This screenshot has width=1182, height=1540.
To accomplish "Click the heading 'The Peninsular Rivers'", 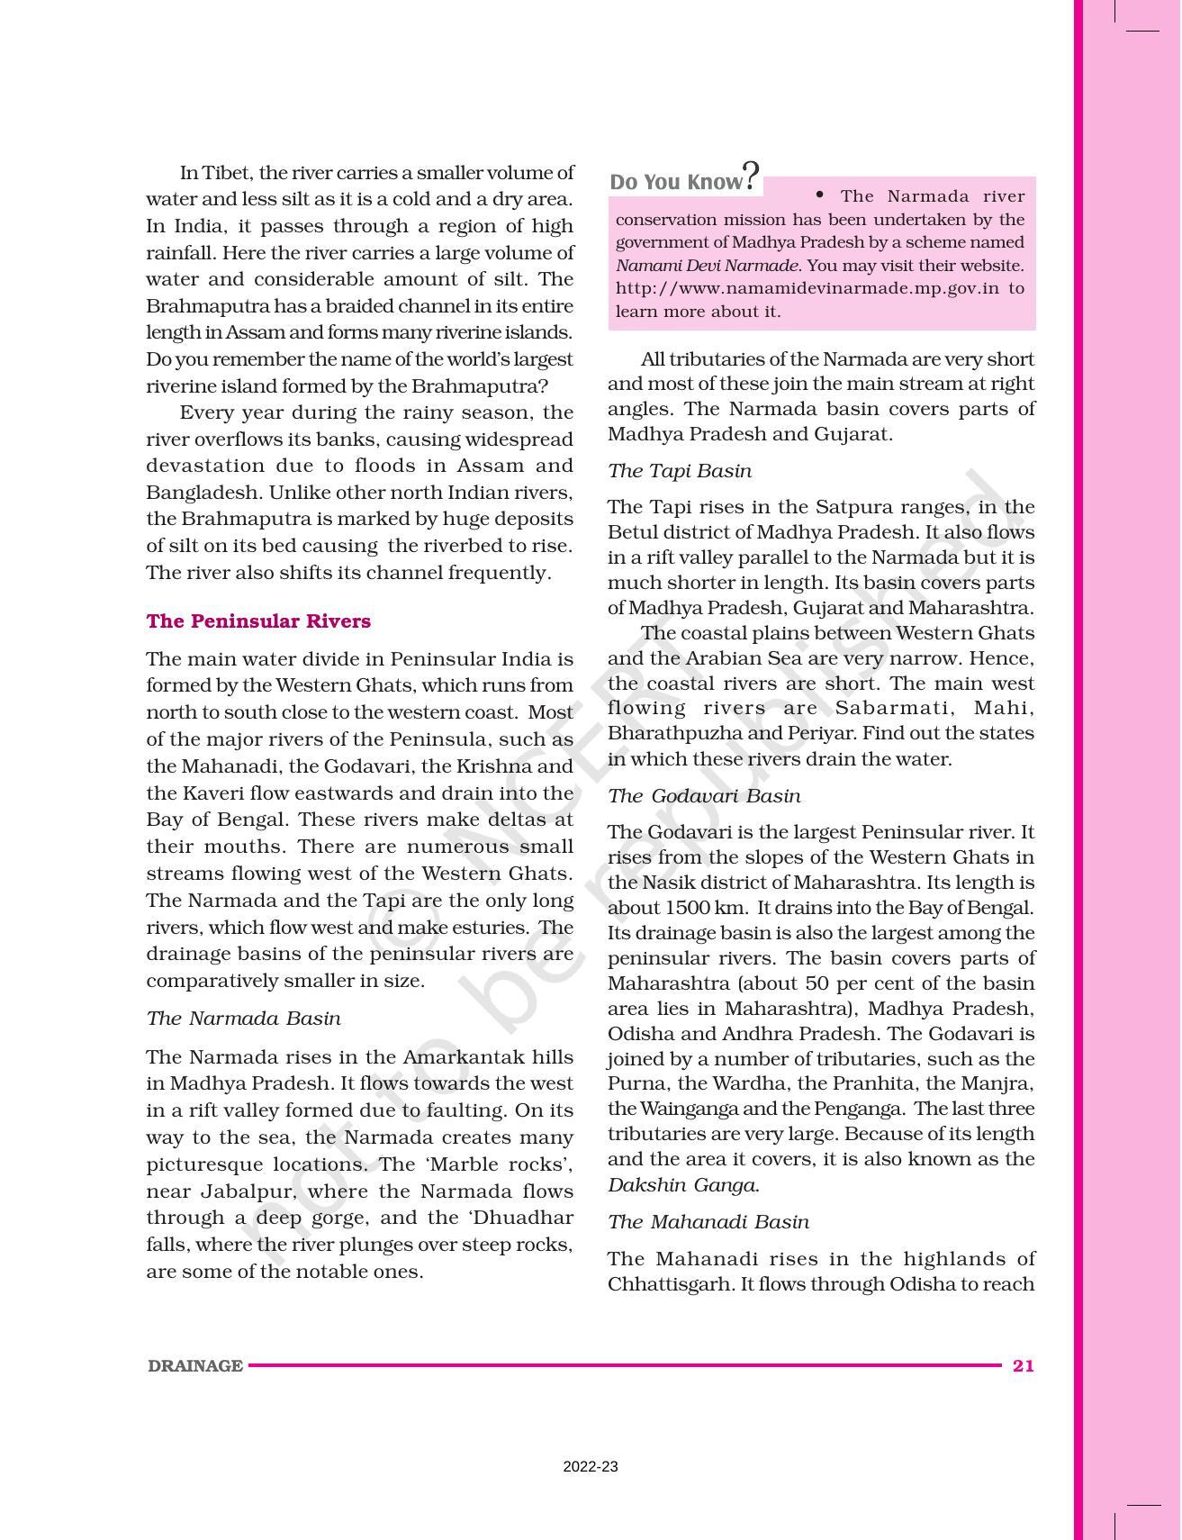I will tap(258, 621).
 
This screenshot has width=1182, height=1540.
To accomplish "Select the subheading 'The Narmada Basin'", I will tap(243, 1019).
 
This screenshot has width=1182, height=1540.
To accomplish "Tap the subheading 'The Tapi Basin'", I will tap(680, 471).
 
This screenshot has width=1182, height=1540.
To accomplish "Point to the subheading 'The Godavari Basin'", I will tap(704, 796).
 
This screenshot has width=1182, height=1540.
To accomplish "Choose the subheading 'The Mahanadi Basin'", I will tap(708, 1222).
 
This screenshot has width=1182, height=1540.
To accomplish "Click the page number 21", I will tap(1023, 1365).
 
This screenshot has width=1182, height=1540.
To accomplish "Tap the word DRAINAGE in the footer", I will tap(195, 1366).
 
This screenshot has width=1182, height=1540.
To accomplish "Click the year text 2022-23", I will tap(591, 1466).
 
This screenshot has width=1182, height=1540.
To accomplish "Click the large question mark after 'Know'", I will tap(751, 176).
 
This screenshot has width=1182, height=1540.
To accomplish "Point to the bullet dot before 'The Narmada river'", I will tap(819, 195).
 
